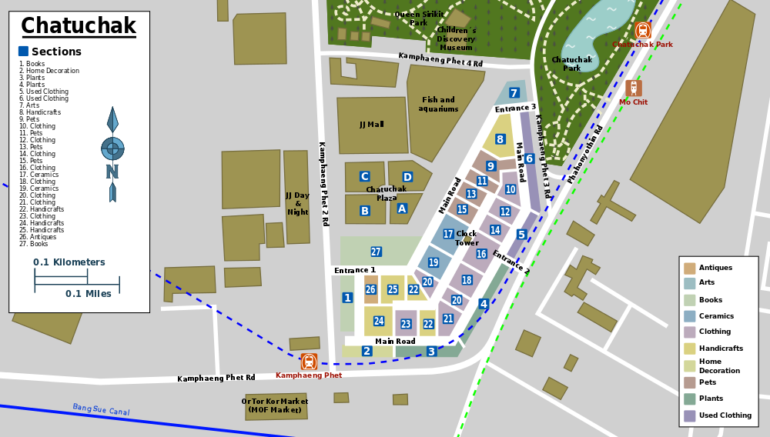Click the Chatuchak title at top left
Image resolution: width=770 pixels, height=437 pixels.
(x=78, y=26)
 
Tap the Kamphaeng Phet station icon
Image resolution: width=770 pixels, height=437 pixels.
(x=309, y=362)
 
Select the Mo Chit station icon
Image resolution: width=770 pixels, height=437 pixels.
(x=634, y=88)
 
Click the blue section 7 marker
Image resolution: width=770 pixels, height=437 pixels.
(x=514, y=93)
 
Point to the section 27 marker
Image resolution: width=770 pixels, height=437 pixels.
(x=376, y=252)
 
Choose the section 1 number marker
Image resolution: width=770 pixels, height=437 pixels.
(x=347, y=298)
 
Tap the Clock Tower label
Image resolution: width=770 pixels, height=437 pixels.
(x=467, y=238)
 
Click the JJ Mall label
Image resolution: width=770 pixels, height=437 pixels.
(x=371, y=125)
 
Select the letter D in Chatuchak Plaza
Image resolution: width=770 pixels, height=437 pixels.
(x=407, y=178)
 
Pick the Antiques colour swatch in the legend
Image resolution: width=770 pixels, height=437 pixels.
(x=689, y=269)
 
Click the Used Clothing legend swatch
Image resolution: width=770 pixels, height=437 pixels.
(x=689, y=415)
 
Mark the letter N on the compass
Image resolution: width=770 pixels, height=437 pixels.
(x=112, y=171)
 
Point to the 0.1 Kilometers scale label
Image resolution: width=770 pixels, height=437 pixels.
(x=69, y=262)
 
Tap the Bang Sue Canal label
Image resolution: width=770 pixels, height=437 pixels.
(x=101, y=410)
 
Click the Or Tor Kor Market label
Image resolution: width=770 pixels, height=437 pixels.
(x=275, y=405)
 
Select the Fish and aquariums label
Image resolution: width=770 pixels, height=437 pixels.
(x=438, y=104)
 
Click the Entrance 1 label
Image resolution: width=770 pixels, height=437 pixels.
(x=355, y=270)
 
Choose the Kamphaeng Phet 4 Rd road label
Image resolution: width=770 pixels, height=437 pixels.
(x=440, y=59)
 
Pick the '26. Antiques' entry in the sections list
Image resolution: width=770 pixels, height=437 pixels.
(x=38, y=237)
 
